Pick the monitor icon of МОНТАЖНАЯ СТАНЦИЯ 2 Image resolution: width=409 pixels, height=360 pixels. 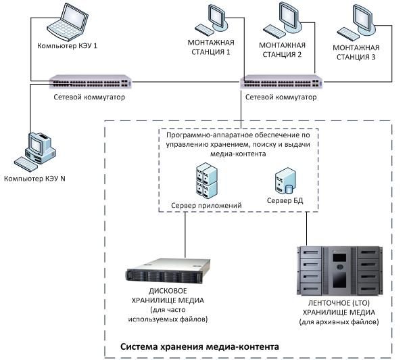286,20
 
